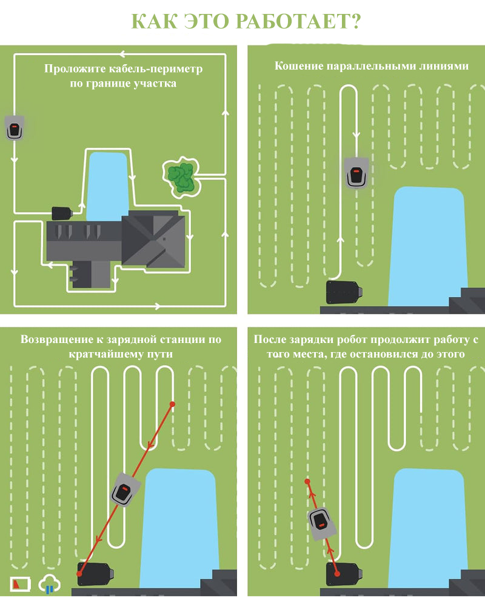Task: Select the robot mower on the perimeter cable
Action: coord(15,128)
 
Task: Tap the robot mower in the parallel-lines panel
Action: coord(356,173)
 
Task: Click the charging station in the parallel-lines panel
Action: coord(344,292)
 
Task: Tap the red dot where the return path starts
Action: coord(173,404)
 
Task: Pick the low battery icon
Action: coord(20,584)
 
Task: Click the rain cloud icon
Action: coord(50,584)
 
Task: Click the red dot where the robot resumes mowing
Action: coord(307,482)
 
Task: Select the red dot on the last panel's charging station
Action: coord(337,574)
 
